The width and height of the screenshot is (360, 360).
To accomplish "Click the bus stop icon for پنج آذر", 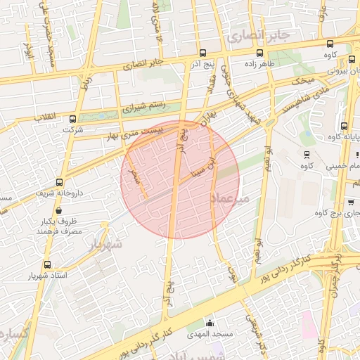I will pos(202,53).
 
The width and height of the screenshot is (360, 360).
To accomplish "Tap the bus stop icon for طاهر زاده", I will pos(260,53).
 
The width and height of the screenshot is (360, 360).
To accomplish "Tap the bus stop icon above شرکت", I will pos(73,119).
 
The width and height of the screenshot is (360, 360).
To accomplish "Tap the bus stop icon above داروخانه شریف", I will pos(59,181).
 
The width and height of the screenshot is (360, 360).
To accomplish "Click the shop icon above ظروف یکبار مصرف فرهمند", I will pos(58,210).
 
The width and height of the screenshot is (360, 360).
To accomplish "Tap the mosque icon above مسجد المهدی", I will pos(210,323).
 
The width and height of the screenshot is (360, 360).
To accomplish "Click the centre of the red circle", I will pos(180,180).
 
